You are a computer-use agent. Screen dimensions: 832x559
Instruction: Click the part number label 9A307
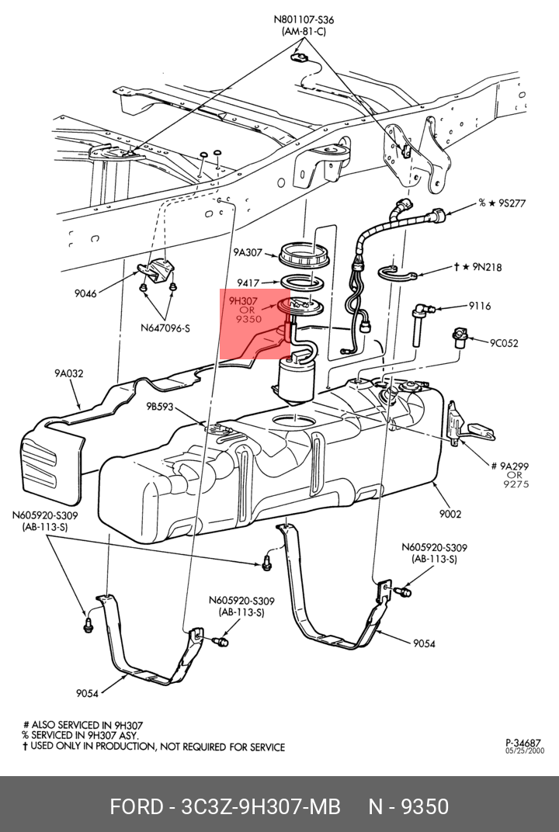click(x=248, y=252)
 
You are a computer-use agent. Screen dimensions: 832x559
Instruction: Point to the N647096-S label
click(x=165, y=328)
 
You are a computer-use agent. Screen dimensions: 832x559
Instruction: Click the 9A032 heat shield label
click(x=68, y=373)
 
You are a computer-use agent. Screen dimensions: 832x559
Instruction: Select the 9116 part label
click(x=479, y=306)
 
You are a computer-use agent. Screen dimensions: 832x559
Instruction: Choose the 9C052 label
click(x=503, y=343)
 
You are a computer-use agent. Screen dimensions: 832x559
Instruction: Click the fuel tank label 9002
click(x=450, y=514)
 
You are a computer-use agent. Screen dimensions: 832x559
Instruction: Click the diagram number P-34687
click(x=523, y=742)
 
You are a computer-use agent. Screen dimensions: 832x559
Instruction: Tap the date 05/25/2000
click(x=525, y=751)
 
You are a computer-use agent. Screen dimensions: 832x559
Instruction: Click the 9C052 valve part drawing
click(x=460, y=338)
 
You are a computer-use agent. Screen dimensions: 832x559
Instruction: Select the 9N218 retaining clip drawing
click(x=399, y=272)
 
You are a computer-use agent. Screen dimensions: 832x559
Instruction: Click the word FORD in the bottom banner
click(x=134, y=807)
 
